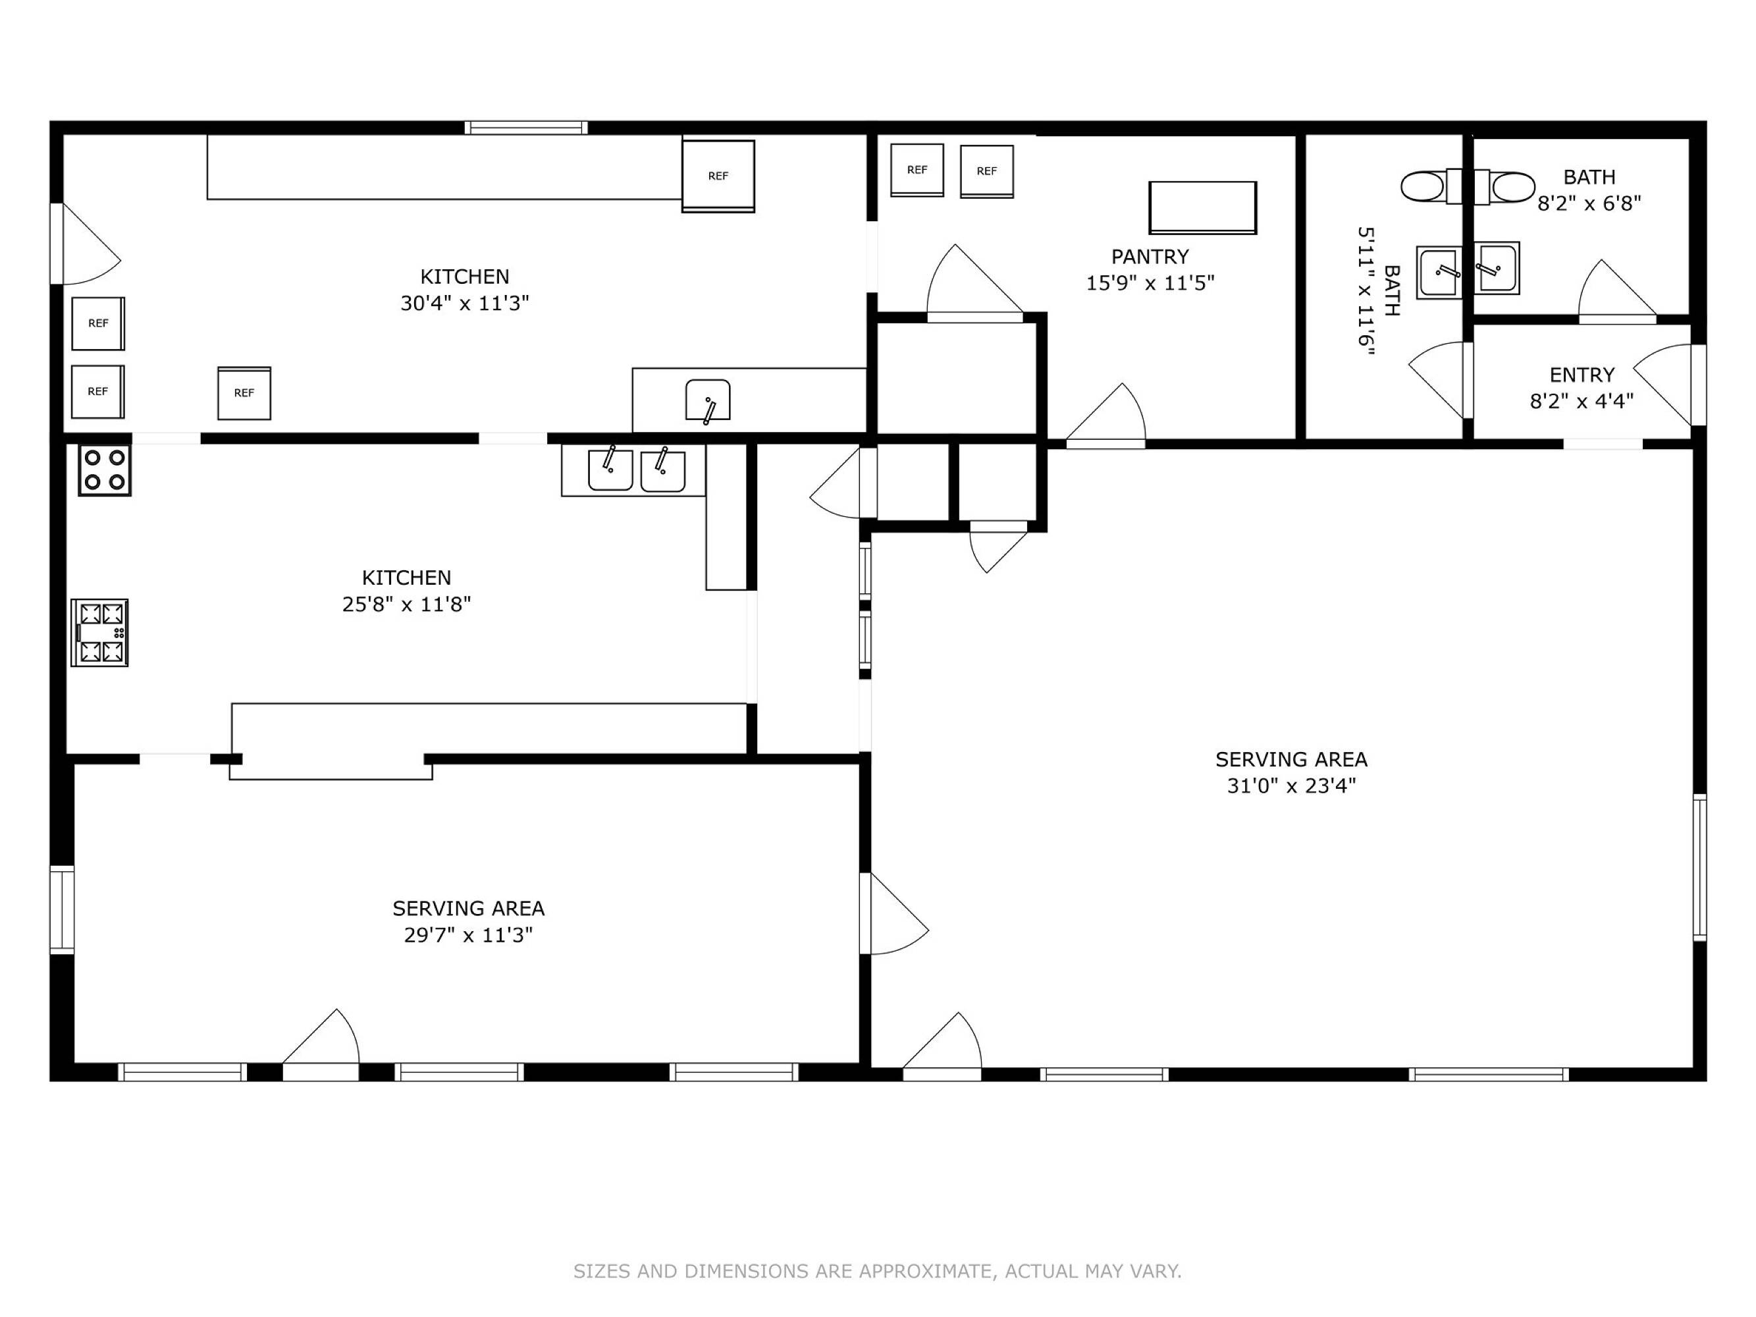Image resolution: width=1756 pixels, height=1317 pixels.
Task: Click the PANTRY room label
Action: point(1150,256)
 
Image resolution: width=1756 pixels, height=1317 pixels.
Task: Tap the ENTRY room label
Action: point(1582,375)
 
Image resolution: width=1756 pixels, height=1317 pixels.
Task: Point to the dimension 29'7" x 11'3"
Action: point(468,935)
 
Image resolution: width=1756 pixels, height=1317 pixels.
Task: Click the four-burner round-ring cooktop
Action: point(105,470)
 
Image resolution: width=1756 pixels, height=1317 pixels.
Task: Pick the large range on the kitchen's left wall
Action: point(99,633)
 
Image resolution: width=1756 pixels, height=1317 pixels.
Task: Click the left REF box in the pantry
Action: point(917,170)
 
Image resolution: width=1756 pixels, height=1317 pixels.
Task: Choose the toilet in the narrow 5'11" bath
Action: point(1431,186)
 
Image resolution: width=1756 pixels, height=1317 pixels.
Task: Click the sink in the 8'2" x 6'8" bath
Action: point(1497,268)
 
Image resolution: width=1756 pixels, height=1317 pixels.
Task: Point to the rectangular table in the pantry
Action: point(1203,208)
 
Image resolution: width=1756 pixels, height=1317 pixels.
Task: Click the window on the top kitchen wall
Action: point(526,128)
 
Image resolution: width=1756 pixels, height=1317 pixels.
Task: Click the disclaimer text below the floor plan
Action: point(877,1271)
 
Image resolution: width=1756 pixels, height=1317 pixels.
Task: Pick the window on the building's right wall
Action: point(1699,868)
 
